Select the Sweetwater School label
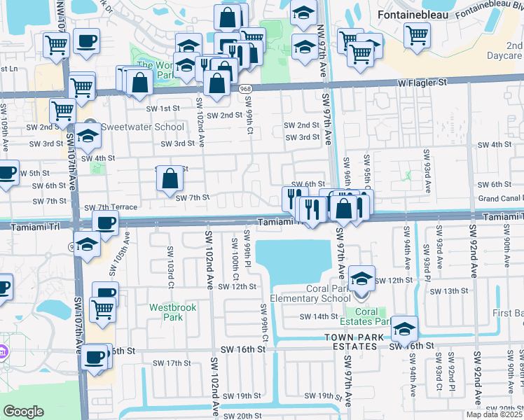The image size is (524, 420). coord(142,127)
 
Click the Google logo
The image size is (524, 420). coord(23,412)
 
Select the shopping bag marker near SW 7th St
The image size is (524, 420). coord(170,179)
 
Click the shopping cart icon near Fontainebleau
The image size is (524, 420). coord(417,34)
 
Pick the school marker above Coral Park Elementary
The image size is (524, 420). coord(361,278)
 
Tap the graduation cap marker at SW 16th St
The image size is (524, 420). coord(404,328)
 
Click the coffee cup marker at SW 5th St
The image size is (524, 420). coord(6,173)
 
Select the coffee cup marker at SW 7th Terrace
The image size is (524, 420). coord(106,224)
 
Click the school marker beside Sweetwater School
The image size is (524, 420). coord(88,136)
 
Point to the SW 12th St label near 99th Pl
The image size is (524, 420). coord(240,286)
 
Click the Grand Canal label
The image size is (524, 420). coord(499,199)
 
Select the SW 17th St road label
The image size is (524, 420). coord(172,363)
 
